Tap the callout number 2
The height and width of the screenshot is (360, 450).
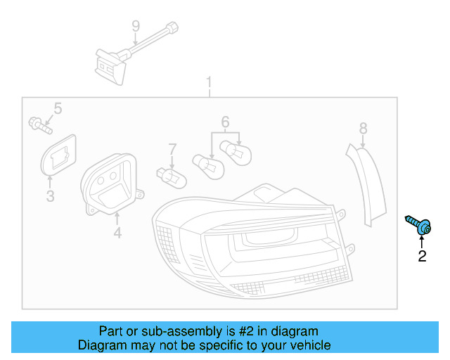click(x=422, y=257)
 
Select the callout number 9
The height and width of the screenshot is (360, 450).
click(x=136, y=27)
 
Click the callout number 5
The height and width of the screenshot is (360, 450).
click(x=58, y=108)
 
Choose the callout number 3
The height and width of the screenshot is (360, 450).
click(x=51, y=196)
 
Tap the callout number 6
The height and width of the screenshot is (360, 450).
click(x=225, y=122)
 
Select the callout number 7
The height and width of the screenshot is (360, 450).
click(x=172, y=148)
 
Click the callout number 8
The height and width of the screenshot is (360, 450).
click(x=363, y=128)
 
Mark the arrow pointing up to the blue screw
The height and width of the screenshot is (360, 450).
click(x=422, y=241)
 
